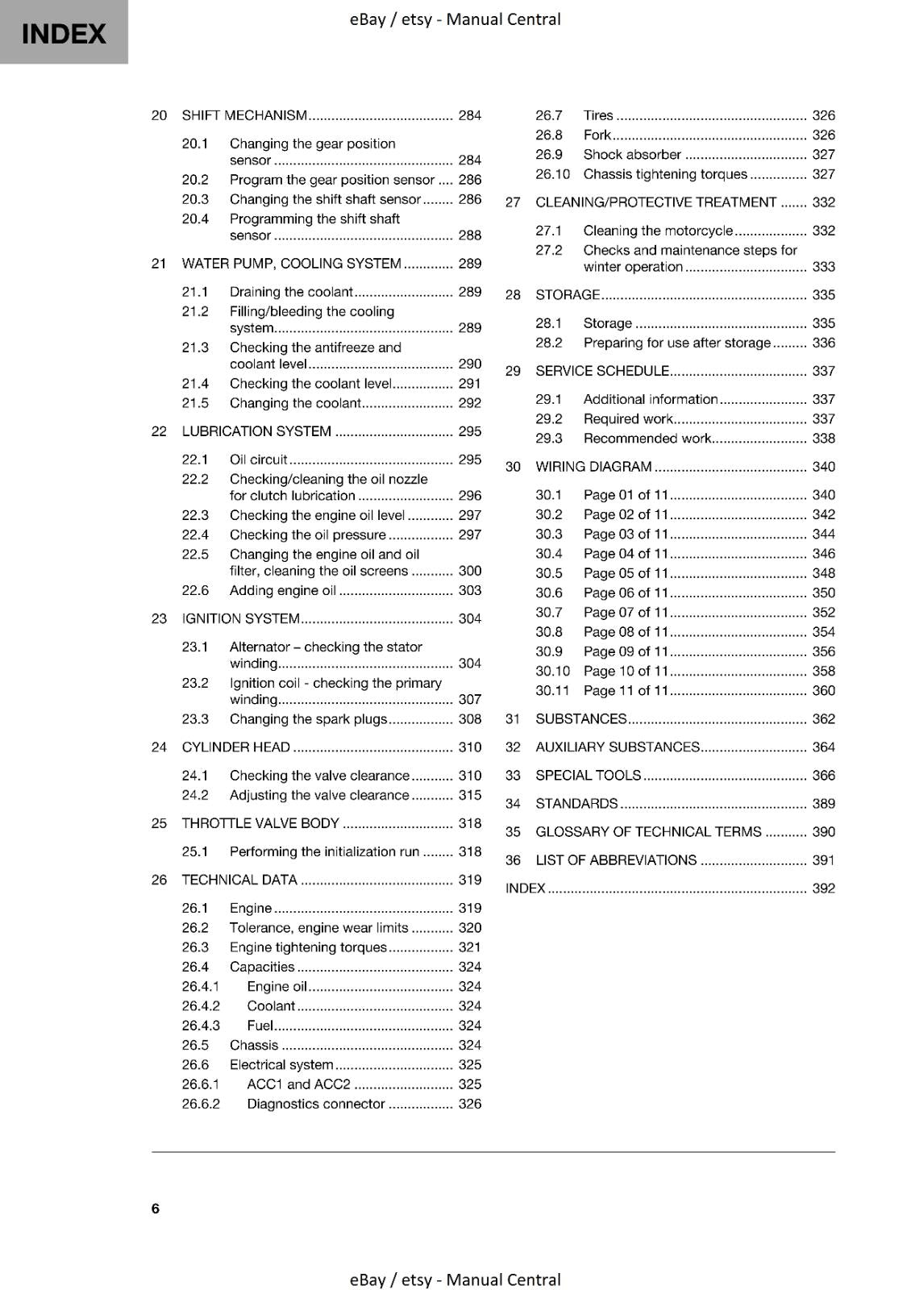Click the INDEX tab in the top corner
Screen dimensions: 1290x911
[64, 33]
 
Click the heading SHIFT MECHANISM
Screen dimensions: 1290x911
[244, 115]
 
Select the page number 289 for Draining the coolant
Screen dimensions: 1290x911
[469, 292]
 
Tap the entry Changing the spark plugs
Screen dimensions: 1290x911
[308, 719]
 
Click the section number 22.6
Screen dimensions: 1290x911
[195, 590]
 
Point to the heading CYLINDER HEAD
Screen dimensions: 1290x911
[235, 747]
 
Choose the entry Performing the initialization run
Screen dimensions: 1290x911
[324, 851]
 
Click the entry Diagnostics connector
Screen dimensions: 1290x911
[316, 1104]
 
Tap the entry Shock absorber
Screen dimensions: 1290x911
[632, 155]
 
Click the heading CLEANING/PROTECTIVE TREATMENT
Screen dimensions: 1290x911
[655, 202]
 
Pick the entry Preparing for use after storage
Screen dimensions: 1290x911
[676, 343]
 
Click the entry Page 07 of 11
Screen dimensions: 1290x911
[626, 613]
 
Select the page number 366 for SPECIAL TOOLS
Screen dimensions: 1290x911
[823, 776]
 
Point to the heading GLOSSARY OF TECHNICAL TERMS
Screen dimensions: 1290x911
[648, 832]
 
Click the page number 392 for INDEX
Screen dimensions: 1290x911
[823, 888]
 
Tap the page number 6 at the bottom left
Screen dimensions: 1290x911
[156, 1208]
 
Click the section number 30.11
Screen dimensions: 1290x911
[552, 691]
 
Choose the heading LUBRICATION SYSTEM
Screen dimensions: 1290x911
[256, 431]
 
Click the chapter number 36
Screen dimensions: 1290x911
[513, 860]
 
